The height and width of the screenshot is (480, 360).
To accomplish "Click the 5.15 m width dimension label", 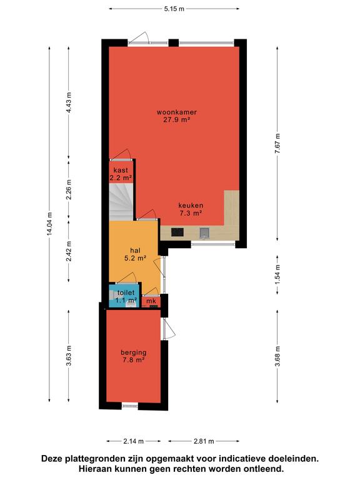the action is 174,9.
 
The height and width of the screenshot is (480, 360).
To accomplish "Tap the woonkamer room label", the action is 177,112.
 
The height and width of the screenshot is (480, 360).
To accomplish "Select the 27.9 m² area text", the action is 177,120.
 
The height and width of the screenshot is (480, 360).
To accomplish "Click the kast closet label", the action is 121,170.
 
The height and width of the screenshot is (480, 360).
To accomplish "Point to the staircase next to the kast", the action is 121,202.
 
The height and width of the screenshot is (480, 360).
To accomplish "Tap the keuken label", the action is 191,206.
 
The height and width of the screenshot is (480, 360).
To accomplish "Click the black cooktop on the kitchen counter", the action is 177,232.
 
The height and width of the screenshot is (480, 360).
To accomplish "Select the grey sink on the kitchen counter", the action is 204,233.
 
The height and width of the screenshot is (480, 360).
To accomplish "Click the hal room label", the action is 135,251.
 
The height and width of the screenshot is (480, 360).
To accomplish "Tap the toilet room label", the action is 126,293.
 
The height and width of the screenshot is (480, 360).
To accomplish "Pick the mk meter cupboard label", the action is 151,301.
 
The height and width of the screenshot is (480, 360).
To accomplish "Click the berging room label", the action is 134,352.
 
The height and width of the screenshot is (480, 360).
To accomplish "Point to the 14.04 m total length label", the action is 49,224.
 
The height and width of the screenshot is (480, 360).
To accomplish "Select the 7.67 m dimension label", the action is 277,144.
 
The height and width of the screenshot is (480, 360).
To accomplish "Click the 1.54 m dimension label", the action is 277,274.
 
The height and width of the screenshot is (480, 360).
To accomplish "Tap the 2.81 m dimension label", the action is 204,441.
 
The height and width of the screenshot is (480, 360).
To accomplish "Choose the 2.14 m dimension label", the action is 134,441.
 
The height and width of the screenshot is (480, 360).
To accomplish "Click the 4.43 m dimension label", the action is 69,102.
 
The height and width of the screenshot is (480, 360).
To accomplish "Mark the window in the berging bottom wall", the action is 130,406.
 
